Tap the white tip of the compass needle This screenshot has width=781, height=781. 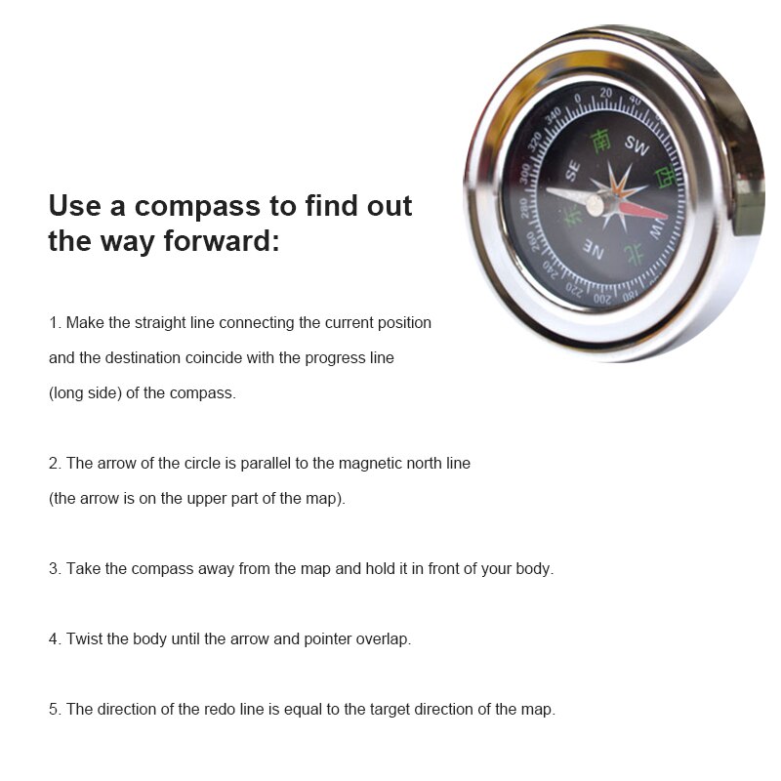555,190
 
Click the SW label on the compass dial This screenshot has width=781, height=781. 637,147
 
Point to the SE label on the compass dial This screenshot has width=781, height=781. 572,170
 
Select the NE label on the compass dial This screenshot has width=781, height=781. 594,251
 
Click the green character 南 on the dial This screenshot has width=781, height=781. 602,141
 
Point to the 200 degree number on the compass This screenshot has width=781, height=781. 602,297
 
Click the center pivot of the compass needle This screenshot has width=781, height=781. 595,203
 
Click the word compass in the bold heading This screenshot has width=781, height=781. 197,206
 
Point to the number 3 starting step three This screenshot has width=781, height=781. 54,568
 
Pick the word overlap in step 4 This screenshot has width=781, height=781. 383,639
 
